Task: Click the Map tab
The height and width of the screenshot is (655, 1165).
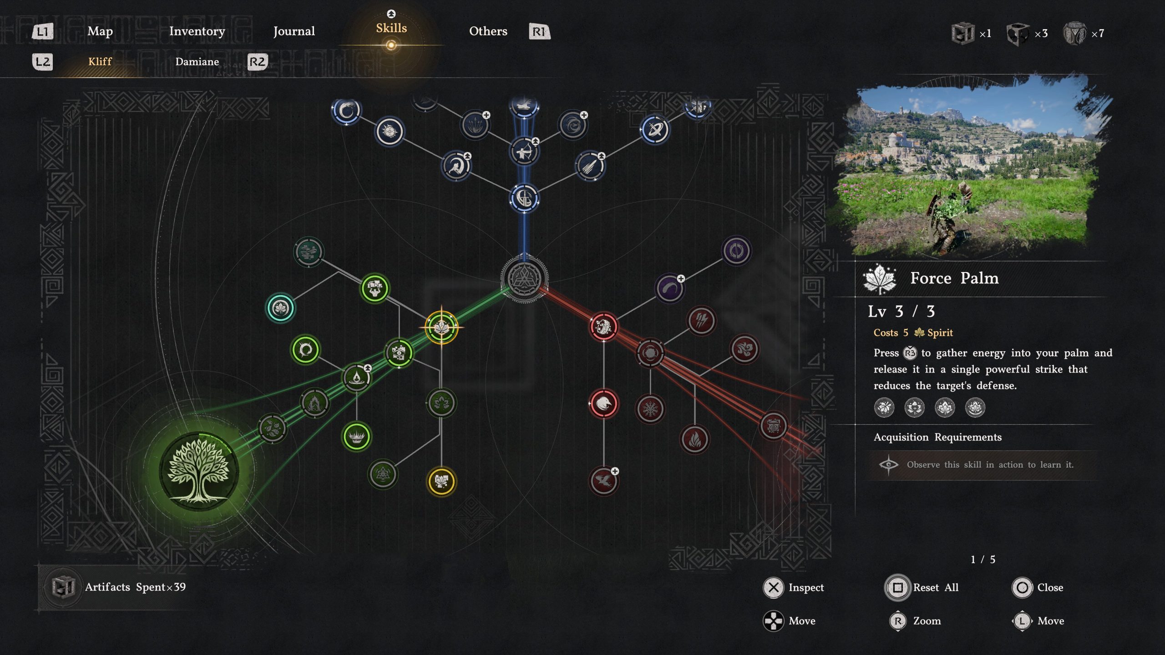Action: click(100, 31)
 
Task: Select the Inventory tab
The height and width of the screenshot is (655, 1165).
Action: click(197, 31)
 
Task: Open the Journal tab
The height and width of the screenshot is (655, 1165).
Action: click(294, 31)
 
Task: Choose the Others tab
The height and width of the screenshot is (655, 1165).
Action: click(488, 31)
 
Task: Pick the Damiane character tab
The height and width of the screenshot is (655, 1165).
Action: click(197, 61)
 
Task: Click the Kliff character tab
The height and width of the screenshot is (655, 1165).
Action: click(100, 61)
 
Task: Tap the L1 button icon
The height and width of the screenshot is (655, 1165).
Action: click(43, 31)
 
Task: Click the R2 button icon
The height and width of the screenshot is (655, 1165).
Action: click(257, 61)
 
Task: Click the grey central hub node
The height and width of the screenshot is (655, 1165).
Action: click(524, 278)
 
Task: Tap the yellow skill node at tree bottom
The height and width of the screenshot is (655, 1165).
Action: click(441, 481)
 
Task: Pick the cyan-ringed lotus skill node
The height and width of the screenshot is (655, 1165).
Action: click(280, 308)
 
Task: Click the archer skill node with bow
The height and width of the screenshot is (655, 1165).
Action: click(524, 151)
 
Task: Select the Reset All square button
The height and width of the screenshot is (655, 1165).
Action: click(898, 587)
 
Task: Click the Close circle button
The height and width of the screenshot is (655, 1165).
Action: click(1022, 587)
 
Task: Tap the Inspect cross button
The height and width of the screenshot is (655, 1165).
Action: click(773, 587)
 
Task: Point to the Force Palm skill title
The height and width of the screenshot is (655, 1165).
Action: click(954, 278)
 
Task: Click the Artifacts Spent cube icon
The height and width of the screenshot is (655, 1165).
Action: click(63, 587)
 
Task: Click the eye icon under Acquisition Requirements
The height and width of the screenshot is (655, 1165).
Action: click(888, 464)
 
